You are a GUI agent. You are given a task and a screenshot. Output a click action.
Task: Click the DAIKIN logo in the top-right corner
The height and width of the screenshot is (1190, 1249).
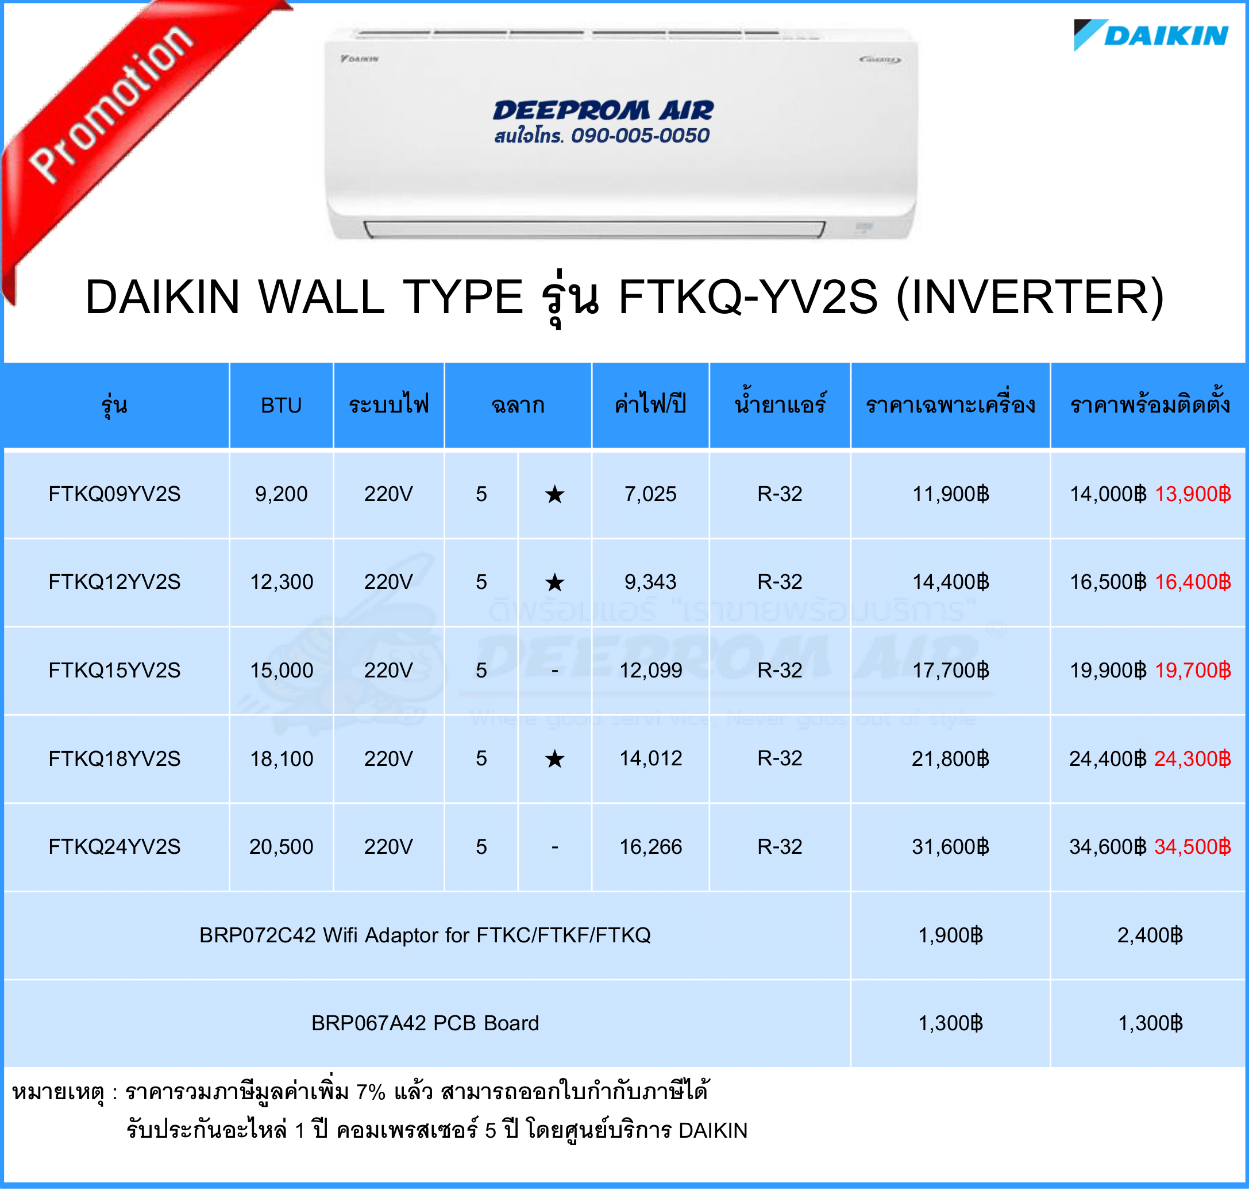[1151, 35]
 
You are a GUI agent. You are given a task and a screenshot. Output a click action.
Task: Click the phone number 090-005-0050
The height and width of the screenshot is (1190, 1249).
[640, 135]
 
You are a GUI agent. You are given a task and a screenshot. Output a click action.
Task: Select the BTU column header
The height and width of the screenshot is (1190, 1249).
[281, 405]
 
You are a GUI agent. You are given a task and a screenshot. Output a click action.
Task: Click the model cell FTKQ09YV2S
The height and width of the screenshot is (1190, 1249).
[114, 494]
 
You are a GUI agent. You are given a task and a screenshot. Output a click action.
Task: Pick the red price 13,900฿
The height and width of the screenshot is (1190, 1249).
[1193, 494]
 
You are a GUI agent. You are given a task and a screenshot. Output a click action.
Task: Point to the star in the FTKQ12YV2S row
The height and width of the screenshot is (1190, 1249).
[554, 581]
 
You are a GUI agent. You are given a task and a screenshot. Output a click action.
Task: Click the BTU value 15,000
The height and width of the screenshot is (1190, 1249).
[281, 670]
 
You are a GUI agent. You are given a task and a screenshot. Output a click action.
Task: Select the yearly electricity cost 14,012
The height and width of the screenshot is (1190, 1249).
[650, 758]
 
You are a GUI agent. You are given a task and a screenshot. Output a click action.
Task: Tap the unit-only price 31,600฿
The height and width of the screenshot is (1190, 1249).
[950, 846]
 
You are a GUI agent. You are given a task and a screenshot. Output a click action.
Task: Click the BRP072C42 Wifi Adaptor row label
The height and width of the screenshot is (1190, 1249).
[425, 935]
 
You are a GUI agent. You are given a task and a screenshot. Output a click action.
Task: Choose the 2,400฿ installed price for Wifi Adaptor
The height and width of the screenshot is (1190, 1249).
[1150, 935]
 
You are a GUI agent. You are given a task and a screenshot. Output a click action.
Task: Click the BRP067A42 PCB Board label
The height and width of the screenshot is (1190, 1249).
[425, 1023]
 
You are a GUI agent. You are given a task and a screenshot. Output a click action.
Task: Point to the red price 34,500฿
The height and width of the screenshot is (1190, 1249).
[1193, 846]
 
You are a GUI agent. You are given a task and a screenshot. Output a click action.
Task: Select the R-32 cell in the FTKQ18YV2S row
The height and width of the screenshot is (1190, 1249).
[780, 758]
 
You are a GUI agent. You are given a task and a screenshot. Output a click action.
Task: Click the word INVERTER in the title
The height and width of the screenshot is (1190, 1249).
[1030, 297]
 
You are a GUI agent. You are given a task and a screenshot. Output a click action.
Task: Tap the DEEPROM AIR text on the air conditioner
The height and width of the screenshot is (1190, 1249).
[603, 110]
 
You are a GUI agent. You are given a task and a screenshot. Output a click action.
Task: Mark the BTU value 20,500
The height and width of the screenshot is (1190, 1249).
[281, 846]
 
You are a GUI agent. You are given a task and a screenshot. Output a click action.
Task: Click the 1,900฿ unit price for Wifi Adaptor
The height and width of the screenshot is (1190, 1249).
[950, 935]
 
